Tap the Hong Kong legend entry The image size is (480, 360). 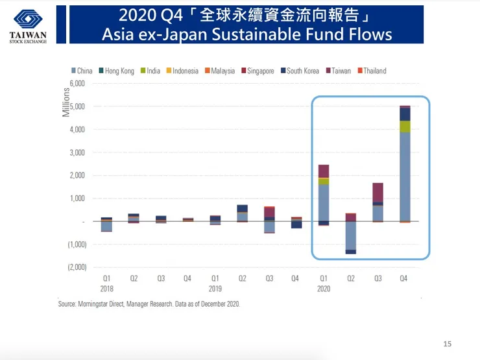pyautogui.click(x=119, y=71)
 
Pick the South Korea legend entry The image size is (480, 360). pyautogui.click(x=302, y=71)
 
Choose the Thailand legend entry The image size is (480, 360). pyautogui.click(x=374, y=71)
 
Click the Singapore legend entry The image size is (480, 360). pyautogui.click(x=260, y=71)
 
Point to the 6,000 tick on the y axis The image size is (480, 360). pyautogui.click(x=76, y=84)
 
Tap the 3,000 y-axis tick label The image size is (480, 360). pyautogui.click(x=76, y=152)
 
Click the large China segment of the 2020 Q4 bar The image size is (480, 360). pyautogui.click(x=405, y=175)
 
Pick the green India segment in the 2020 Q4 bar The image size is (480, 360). pyautogui.click(x=405, y=126)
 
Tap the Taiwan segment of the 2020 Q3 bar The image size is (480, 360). pyautogui.click(x=378, y=193)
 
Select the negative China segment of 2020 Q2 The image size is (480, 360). pyautogui.click(x=350, y=235)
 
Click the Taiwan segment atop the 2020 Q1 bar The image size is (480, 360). pyautogui.click(x=323, y=171)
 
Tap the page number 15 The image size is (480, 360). pyautogui.click(x=446, y=343)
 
